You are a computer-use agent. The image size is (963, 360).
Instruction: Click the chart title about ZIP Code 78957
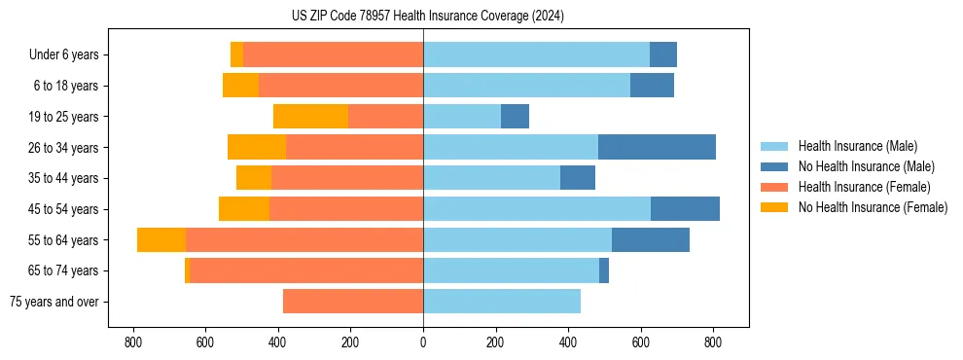pos(427,17)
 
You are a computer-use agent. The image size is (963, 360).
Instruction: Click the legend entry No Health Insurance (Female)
pos(873,207)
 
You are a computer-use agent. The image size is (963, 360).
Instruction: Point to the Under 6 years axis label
pos(63,54)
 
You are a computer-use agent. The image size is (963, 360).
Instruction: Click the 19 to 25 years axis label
pos(63,117)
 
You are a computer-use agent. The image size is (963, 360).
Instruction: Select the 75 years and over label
pos(53,302)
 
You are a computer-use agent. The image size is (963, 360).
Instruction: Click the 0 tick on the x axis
pos(423,342)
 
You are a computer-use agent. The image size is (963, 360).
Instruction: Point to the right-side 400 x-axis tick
pos(568,342)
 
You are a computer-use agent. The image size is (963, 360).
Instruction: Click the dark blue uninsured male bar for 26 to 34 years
pos(657,147)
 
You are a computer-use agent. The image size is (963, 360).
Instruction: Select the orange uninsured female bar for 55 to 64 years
pos(161,239)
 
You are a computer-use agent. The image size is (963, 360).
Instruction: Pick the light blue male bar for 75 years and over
pos(502,302)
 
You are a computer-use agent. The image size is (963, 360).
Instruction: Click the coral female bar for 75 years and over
pos(353,302)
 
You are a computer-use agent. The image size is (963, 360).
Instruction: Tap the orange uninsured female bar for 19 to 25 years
pos(310,117)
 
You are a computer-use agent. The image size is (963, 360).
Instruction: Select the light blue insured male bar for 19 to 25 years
pos(462,117)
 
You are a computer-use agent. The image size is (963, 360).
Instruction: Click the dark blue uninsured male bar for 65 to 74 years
pos(604,270)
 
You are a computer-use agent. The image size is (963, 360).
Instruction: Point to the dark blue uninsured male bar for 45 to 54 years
pos(685,209)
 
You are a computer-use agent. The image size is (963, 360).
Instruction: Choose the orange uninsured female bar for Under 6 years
pos(236,54)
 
